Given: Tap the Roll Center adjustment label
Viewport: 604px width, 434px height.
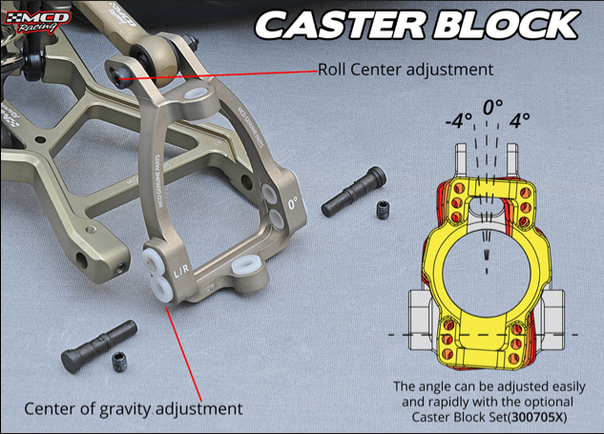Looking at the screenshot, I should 405,70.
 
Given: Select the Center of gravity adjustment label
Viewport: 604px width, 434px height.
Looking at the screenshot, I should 133,409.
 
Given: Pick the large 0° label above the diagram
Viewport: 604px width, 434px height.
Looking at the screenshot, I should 492,107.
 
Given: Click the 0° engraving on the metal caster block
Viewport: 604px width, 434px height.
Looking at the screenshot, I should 293,202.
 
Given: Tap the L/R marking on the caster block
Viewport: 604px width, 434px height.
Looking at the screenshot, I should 180,275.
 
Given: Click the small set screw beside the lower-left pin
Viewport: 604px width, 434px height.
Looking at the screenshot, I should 119,360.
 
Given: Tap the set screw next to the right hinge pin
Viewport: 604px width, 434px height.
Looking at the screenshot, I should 382,208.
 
